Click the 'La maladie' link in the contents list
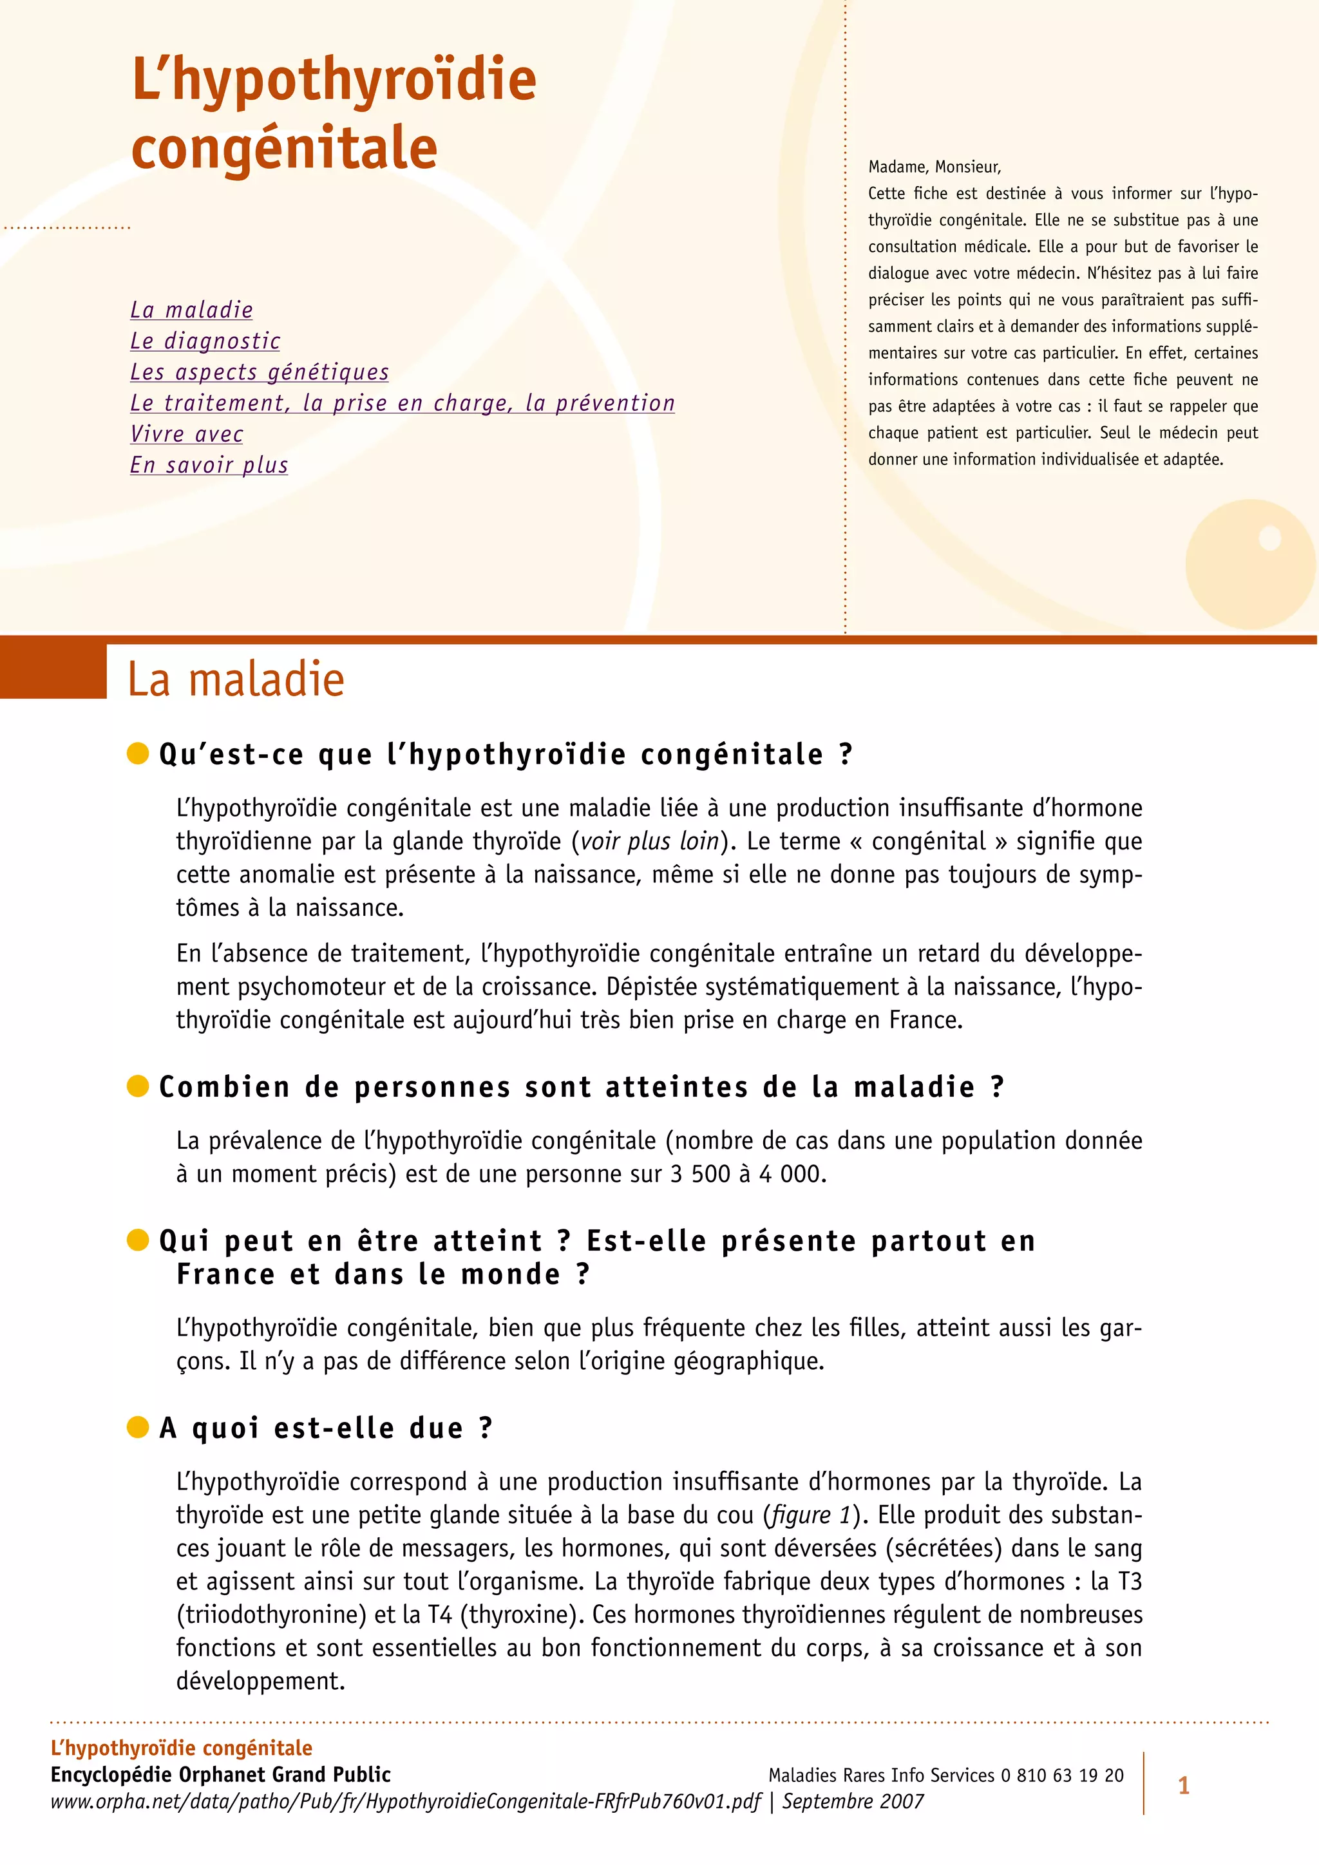coord(192,310)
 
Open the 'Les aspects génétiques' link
coord(259,372)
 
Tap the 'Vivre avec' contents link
coord(187,434)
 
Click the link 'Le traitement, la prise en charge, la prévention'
coord(402,403)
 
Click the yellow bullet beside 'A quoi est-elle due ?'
coord(138,1426)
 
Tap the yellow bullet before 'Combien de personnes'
coord(138,1086)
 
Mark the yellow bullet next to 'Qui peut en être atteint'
coord(138,1240)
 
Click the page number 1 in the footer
coord(1183,1785)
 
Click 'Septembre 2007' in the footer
coord(853,1801)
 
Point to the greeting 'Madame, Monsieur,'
coord(934,167)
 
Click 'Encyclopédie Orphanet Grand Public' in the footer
coord(220,1774)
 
